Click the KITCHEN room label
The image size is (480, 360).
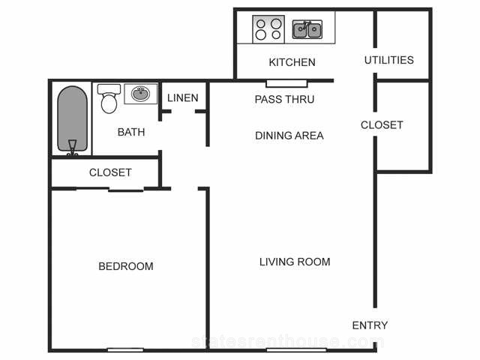point(292,62)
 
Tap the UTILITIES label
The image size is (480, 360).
point(389,60)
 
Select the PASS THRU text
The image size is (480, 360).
point(284,99)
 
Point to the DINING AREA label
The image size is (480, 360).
point(289,136)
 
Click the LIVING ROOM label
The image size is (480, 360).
point(295,262)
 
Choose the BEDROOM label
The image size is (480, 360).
point(126,266)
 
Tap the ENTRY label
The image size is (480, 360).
point(370,325)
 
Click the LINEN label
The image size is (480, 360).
point(183,98)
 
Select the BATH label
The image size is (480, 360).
point(131,132)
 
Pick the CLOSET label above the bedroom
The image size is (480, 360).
point(110,172)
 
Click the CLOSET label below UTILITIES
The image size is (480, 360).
point(382,125)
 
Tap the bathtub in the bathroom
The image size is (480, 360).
point(73,120)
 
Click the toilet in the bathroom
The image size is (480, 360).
point(109,98)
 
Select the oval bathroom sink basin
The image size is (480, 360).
point(140,93)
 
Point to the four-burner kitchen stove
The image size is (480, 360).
point(268,29)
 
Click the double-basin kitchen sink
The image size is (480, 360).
point(307,30)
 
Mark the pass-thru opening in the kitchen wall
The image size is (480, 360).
point(286,83)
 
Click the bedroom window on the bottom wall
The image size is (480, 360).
point(125,349)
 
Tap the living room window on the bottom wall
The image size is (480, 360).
point(296,349)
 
